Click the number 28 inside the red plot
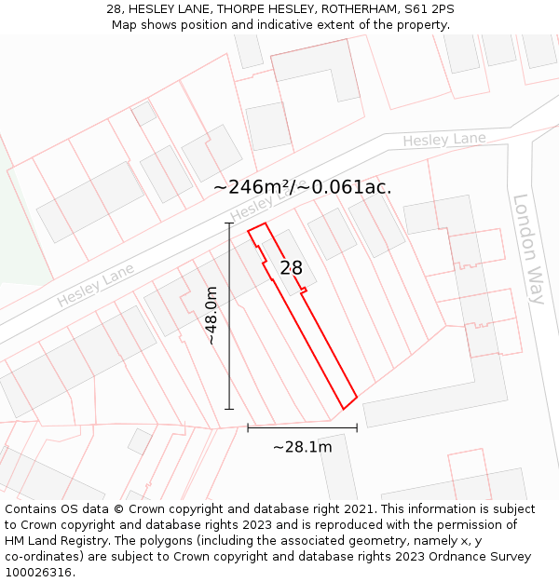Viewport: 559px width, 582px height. click(x=291, y=268)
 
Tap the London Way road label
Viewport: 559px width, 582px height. click(x=528, y=249)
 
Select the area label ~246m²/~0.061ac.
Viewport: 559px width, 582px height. click(x=302, y=187)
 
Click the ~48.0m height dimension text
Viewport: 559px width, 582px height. click(x=211, y=316)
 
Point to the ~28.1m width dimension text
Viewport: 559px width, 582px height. click(x=302, y=447)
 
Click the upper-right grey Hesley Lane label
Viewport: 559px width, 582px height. click(x=444, y=141)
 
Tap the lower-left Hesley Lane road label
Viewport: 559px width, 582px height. click(x=95, y=285)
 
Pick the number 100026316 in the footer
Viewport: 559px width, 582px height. click(x=39, y=573)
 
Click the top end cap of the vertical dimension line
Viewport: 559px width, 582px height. click(x=229, y=223)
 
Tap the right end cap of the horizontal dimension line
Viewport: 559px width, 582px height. click(x=357, y=428)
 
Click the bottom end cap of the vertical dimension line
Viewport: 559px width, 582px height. click(x=229, y=409)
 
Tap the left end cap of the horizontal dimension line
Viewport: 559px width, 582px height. click(x=248, y=428)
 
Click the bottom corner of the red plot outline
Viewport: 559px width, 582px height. click(x=343, y=409)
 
